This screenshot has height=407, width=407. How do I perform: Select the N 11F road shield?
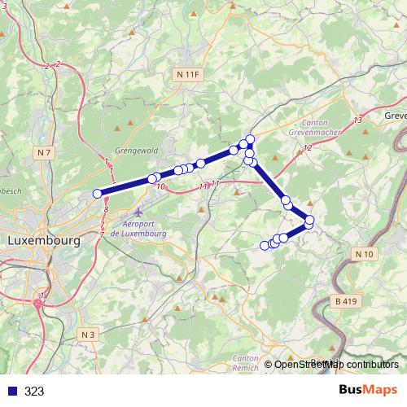coord(186,74)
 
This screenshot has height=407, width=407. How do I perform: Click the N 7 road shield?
coord(44,152)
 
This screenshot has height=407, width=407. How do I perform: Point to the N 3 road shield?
coord(89,334)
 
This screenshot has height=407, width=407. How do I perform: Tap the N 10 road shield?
coord(365,255)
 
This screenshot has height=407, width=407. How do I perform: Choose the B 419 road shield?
coord(346,301)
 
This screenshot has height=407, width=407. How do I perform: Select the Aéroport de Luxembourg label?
coord(138,229)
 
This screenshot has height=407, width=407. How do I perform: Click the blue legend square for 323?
coord(11,391)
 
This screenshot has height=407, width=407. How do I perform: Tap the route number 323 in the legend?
coord(34,391)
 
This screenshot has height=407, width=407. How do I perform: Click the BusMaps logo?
coord(367,390)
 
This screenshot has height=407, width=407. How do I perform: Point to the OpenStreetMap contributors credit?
coord(336,365)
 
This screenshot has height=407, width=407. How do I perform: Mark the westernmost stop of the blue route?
coord(98,194)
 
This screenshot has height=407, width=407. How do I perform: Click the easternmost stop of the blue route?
coord(309,220)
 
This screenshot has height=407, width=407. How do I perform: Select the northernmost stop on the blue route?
coord(251,138)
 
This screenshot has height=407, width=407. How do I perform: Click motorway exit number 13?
coord(358,120)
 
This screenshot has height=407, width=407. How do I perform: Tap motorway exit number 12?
coord(307,147)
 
